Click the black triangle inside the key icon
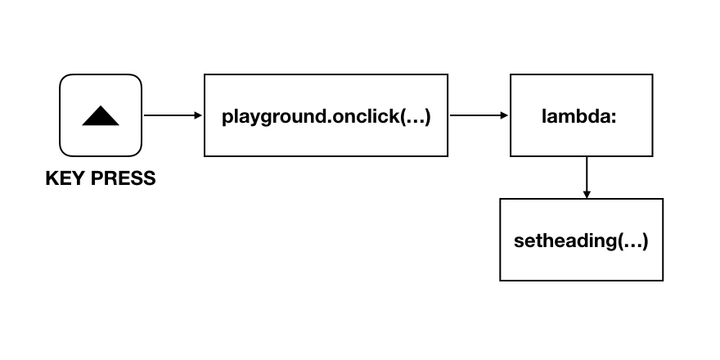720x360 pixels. point(101,116)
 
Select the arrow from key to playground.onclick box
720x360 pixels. point(172,115)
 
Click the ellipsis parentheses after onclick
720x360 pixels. point(407,115)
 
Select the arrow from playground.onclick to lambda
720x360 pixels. point(479,115)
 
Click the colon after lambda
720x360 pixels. point(614,117)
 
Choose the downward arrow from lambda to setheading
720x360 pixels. point(587,176)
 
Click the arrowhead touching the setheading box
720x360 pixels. point(587,194)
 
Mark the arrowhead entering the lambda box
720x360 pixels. point(505,115)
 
